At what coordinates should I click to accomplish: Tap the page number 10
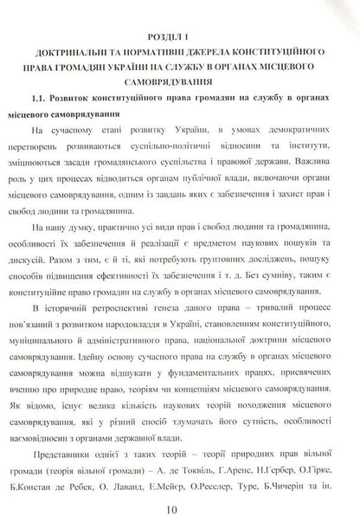[180, 511]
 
